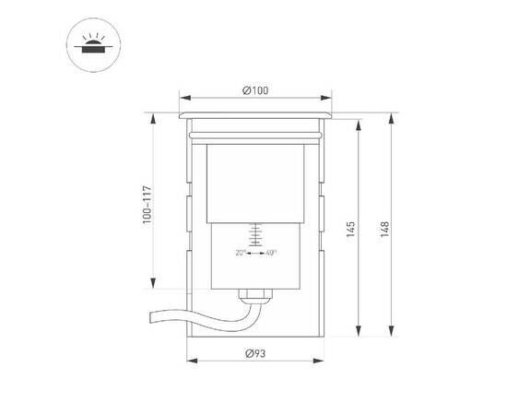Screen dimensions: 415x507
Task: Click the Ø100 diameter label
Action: click(255, 89)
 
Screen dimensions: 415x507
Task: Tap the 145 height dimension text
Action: click(351, 228)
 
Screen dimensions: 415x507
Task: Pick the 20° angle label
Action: click(241, 253)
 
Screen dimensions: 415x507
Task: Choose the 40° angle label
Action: click(272, 253)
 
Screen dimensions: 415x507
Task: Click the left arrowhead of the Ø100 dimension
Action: click(182, 96)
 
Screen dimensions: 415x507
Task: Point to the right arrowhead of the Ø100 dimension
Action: click(329, 96)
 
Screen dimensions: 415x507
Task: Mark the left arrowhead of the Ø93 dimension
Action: click(190, 362)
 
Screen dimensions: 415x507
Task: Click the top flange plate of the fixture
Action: click(255, 115)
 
